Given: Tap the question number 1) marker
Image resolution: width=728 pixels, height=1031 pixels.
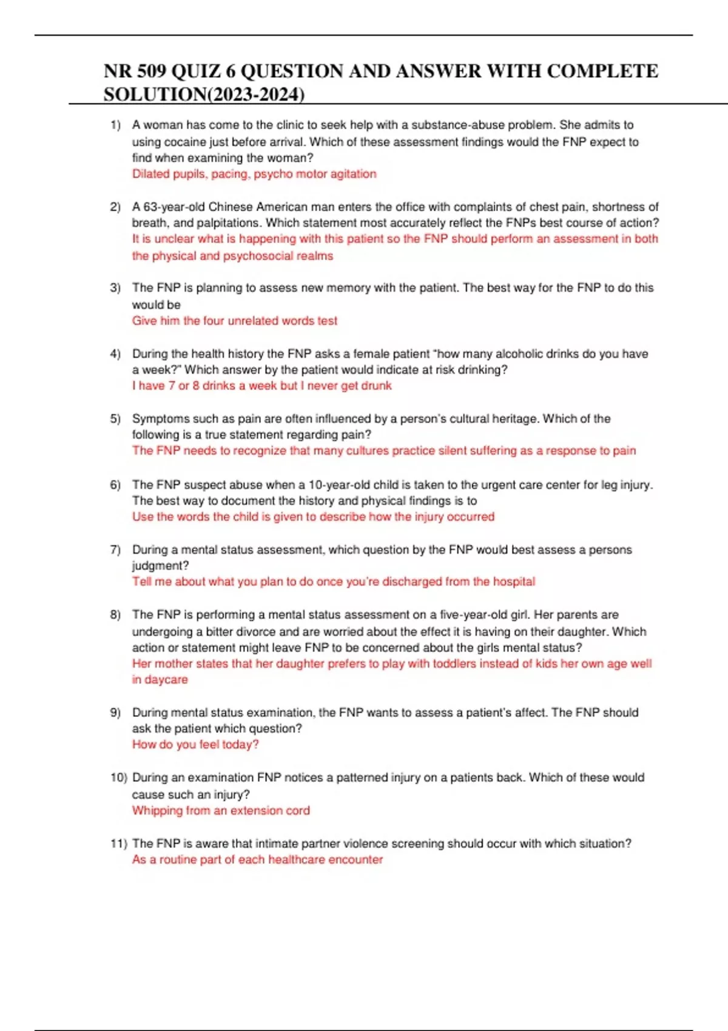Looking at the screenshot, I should pos(115,125).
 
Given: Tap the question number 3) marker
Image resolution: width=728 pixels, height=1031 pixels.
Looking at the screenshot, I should pos(115,288).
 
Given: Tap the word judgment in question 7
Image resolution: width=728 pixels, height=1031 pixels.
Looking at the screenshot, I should pos(159,566).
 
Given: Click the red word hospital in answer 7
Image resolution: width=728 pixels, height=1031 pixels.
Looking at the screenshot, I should pos(514,582).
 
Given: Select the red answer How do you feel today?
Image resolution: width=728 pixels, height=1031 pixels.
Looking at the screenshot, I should pos(195,745).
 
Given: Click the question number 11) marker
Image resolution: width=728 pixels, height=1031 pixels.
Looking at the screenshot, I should pos(118,844).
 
